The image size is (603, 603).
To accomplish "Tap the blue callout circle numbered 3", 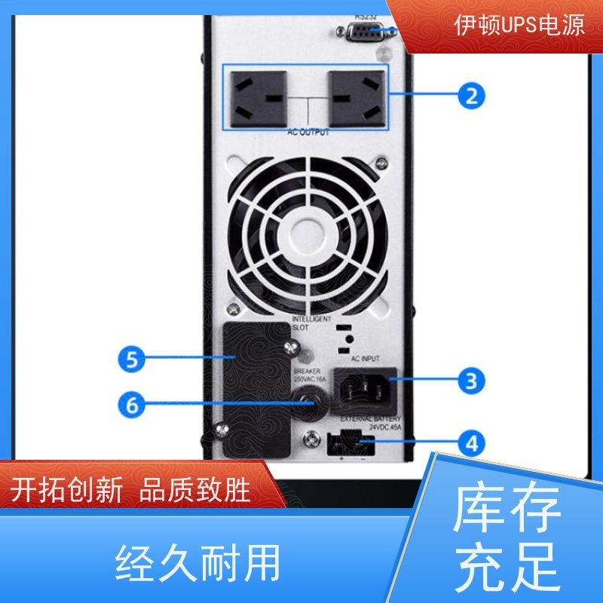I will tap(471, 381).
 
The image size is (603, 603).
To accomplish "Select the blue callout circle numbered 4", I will tap(471, 443).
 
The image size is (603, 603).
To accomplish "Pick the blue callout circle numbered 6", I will tap(132, 406).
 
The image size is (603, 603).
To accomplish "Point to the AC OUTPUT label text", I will tap(309, 133).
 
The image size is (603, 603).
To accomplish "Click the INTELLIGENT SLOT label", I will tap(311, 323).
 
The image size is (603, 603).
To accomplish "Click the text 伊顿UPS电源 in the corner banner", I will tap(519, 26).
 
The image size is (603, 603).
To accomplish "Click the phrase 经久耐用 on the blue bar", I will tap(198, 563).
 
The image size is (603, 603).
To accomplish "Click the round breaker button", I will tap(307, 405).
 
